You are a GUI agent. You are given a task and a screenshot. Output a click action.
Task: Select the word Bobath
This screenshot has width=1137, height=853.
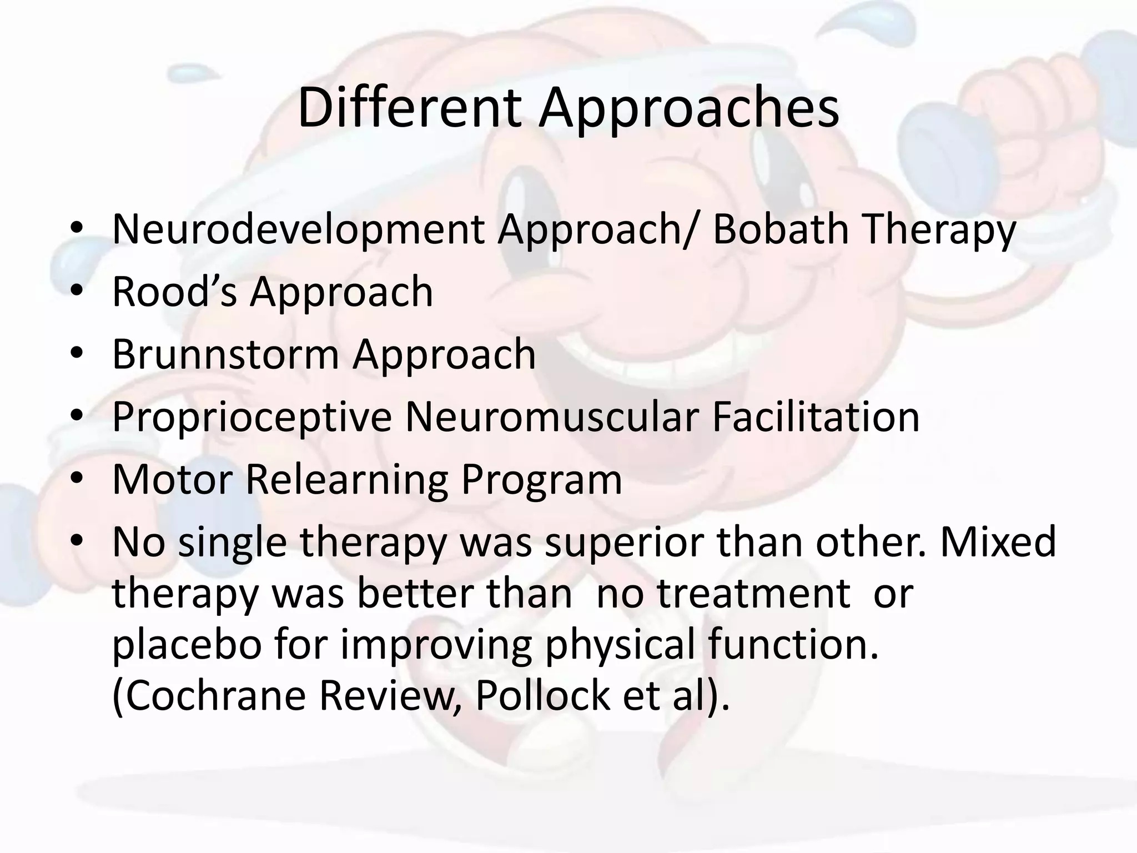[780, 229]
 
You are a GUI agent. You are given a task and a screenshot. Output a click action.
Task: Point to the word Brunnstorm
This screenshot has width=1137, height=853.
[225, 354]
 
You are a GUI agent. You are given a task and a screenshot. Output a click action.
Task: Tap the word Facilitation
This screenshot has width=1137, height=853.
[816, 417]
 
